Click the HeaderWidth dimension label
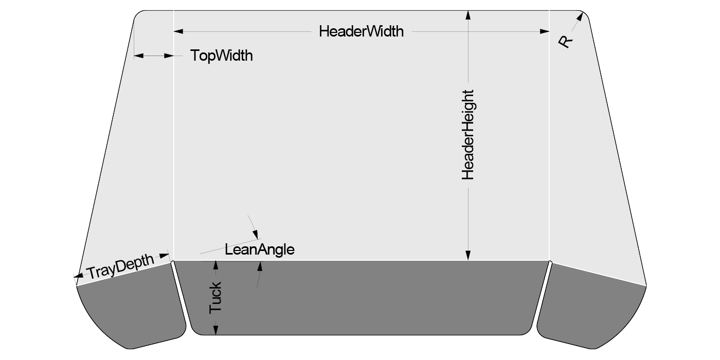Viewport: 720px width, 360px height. (361, 31)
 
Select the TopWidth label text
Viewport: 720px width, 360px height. (222, 56)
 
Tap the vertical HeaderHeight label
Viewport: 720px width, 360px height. (467, 135)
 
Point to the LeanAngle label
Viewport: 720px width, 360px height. (260, 250)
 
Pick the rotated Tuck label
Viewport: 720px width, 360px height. (215, 298)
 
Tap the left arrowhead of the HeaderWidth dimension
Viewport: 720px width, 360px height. (178, 32)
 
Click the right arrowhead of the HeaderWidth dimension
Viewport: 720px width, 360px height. (545, 32)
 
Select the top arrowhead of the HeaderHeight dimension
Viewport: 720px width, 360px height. (467, 15)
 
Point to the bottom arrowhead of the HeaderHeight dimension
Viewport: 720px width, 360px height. (467, 255)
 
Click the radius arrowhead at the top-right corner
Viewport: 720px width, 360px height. (581, 17)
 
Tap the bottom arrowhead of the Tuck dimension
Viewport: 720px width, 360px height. (216, 330)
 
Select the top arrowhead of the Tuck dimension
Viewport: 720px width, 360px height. (216, 265)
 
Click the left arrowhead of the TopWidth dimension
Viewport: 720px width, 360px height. (138, 56)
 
